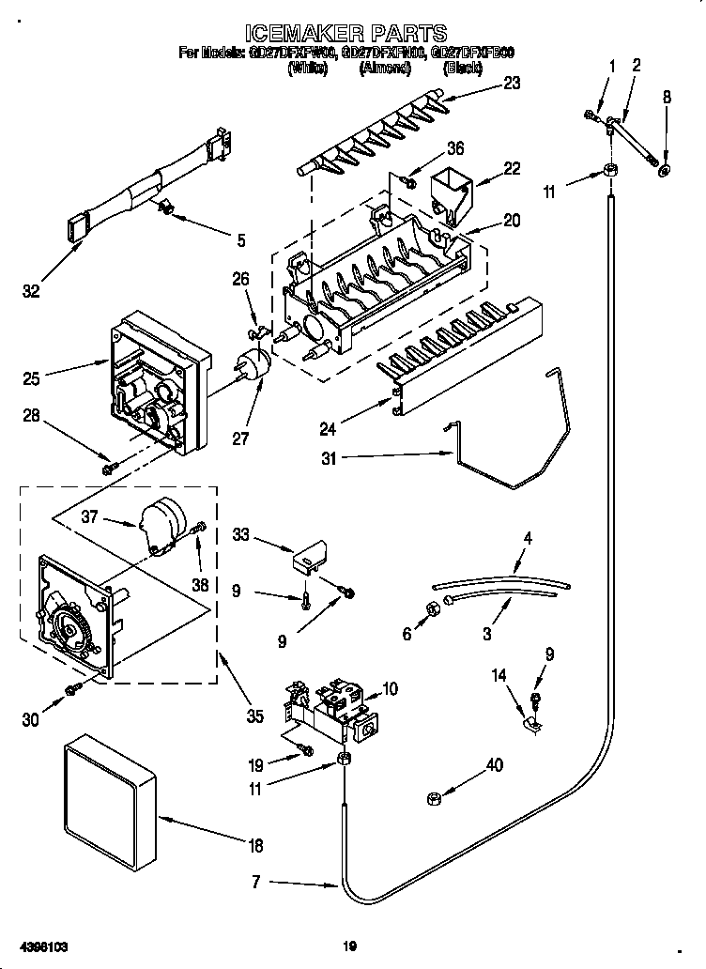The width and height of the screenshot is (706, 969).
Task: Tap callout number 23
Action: pos(511,82)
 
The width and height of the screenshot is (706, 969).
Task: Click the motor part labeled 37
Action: pos(161,524)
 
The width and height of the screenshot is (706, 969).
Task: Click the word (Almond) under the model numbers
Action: pos(385,69)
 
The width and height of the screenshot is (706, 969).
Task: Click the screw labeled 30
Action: pos(71,691)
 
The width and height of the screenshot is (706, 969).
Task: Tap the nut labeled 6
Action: pos(435,608)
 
